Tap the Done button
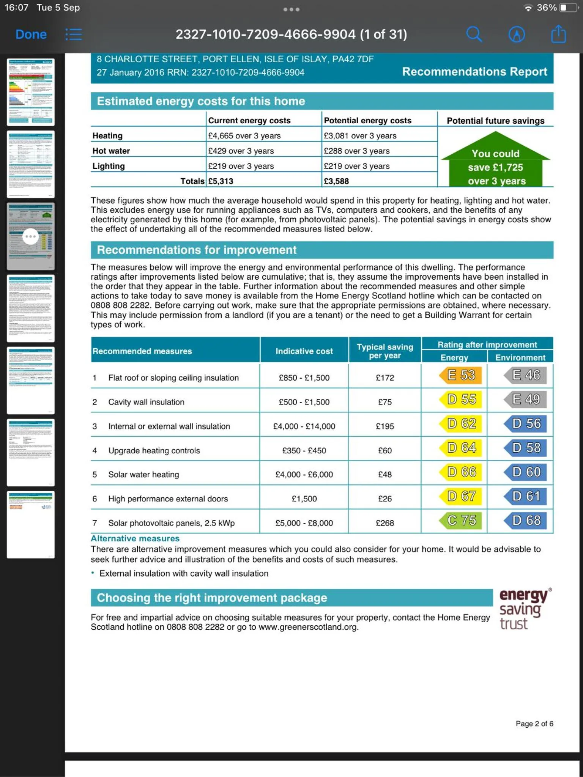(x=31, y=35)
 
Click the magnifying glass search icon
(x=474, y=35)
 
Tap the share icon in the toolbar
(x=558, y=34)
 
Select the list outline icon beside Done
(x=74, y=35)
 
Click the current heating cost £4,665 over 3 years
(x=244, y=136)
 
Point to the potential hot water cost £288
(x=356, y=151)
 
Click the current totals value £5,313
(x=221, y=181)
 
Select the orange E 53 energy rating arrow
(x=460, y=375)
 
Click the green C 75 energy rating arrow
(x=460, y=521)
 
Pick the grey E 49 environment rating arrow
(x=526, y=399)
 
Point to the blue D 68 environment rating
(x=526, y=521)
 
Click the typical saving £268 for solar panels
(x=385, y=523)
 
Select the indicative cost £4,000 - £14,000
(x=304, y=426)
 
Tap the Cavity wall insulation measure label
(x=146, y=402)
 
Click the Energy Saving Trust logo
(x=524, y=609)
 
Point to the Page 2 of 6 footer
(x=534, y=724)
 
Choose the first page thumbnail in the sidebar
(x=31, y=92)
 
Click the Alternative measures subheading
(x=135, y=539)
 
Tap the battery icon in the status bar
(x=568, y=8)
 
